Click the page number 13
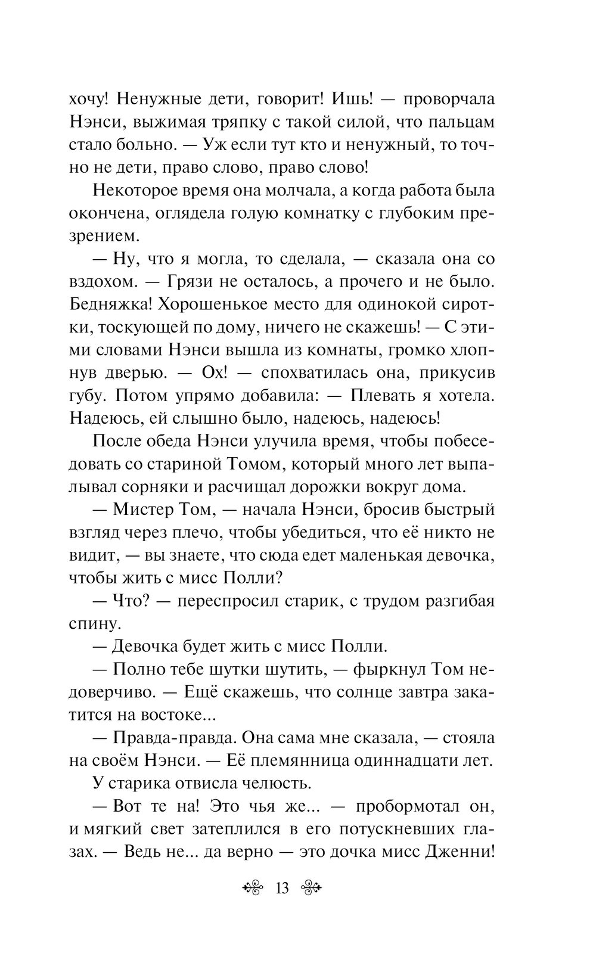[282, 889]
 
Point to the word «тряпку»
[234, 122]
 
